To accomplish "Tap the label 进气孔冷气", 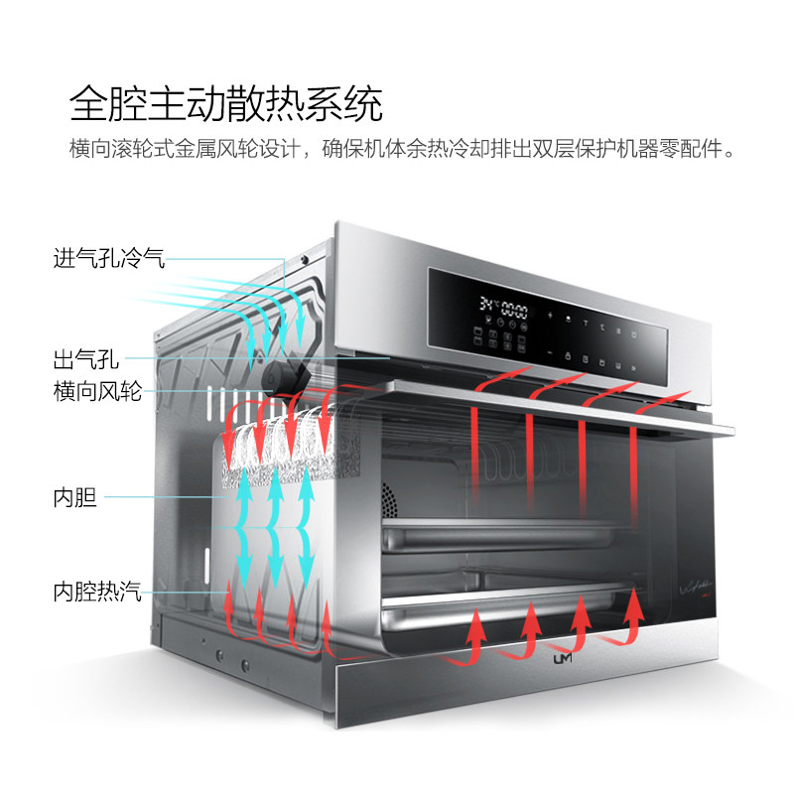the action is point(108,260).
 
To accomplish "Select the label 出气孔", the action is point(86,358).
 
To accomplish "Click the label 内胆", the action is point(74,496).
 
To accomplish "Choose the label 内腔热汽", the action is point(97,593).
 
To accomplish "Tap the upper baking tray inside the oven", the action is point(506,536).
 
